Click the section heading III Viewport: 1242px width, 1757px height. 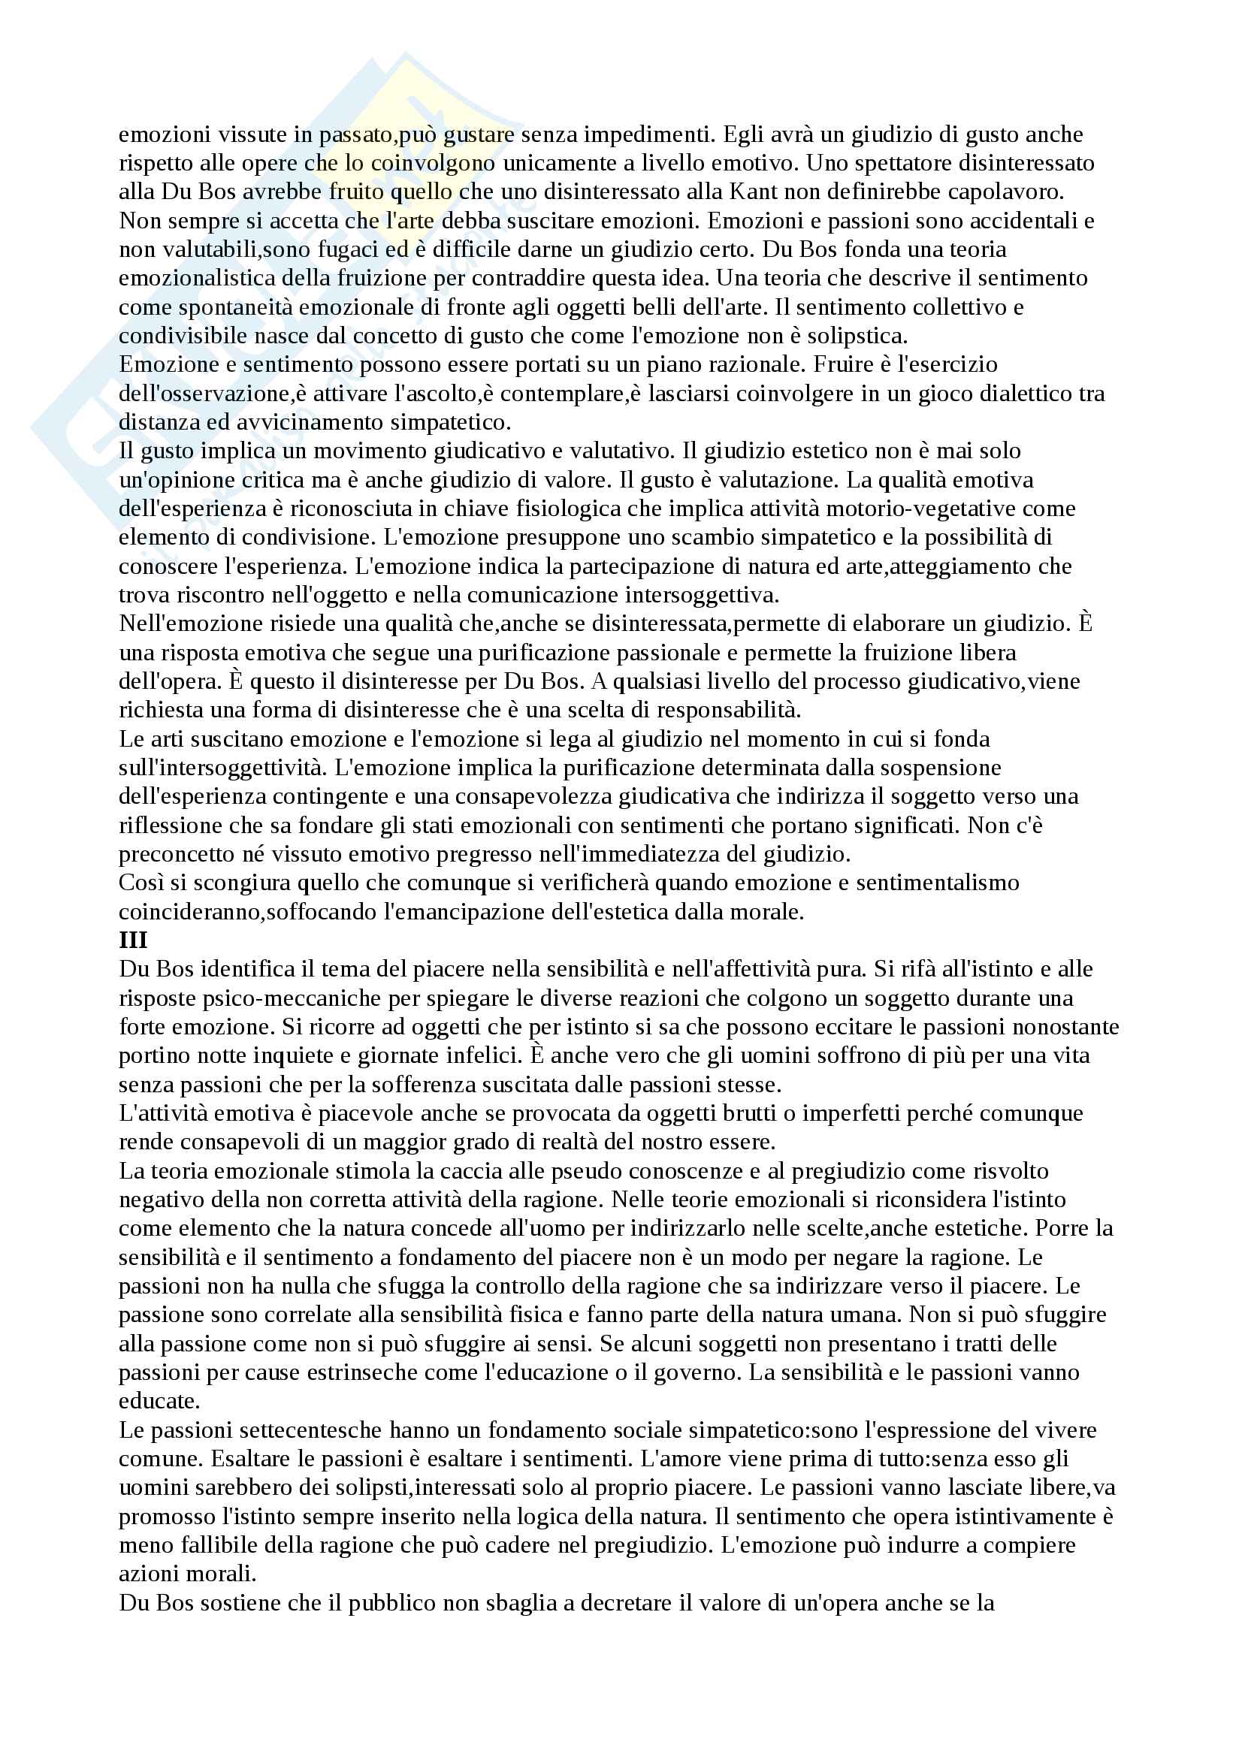click(133, 940)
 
